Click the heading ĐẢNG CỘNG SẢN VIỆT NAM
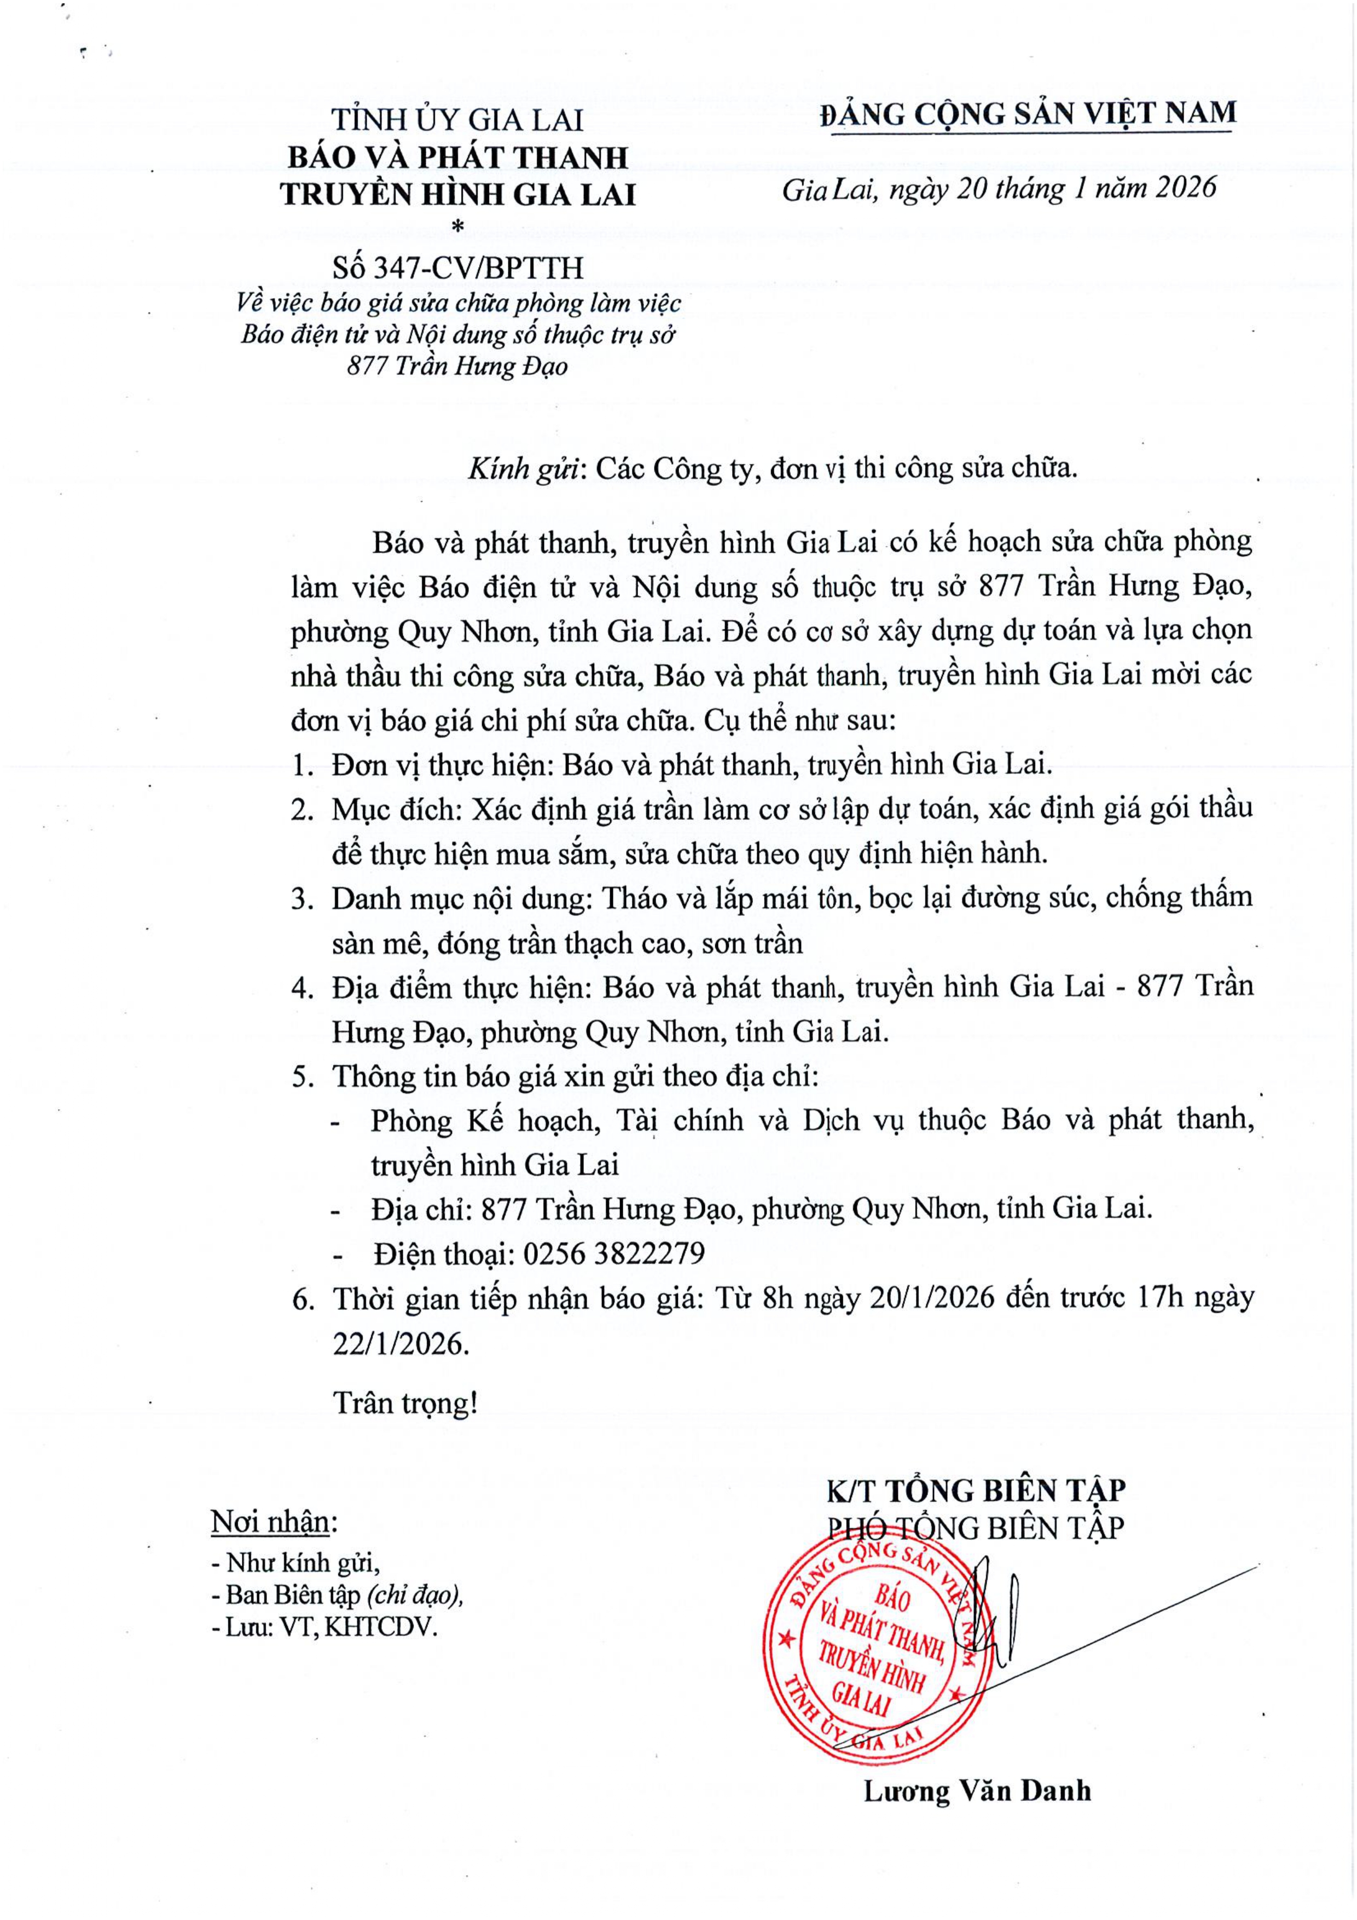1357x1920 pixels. click(1028, 113)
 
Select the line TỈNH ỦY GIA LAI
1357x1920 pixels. click(457, 120)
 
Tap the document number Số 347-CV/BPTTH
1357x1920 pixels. click(457, 268)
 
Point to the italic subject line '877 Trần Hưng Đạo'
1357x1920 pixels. click(457, 366)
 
